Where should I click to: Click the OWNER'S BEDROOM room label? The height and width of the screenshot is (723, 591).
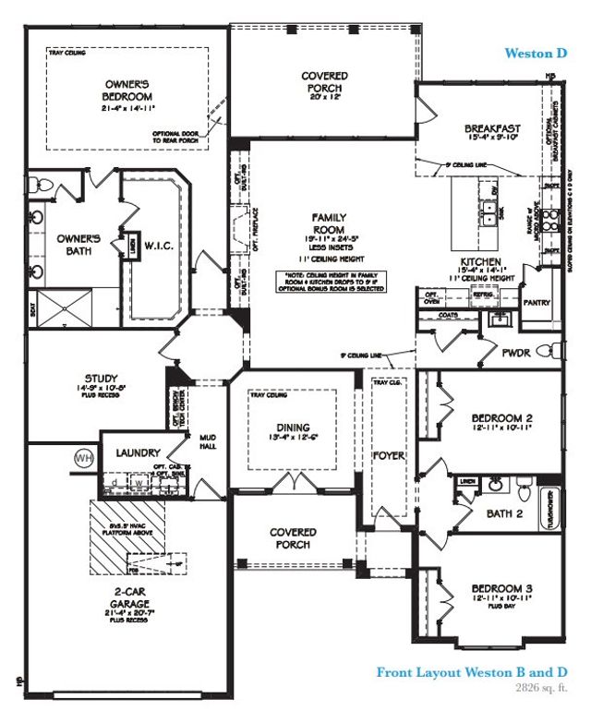(x=127, y=91)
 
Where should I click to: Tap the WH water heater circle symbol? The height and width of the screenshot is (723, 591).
(x=84, y=458)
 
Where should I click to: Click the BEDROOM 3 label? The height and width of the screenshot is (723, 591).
(x=497, y=588)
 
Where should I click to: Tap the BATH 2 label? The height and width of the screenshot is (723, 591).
(x=505, y=513)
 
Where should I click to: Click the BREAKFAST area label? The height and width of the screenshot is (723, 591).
(x=493, y=128)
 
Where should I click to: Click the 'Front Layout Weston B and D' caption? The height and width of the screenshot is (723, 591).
(x=469, y=671)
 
